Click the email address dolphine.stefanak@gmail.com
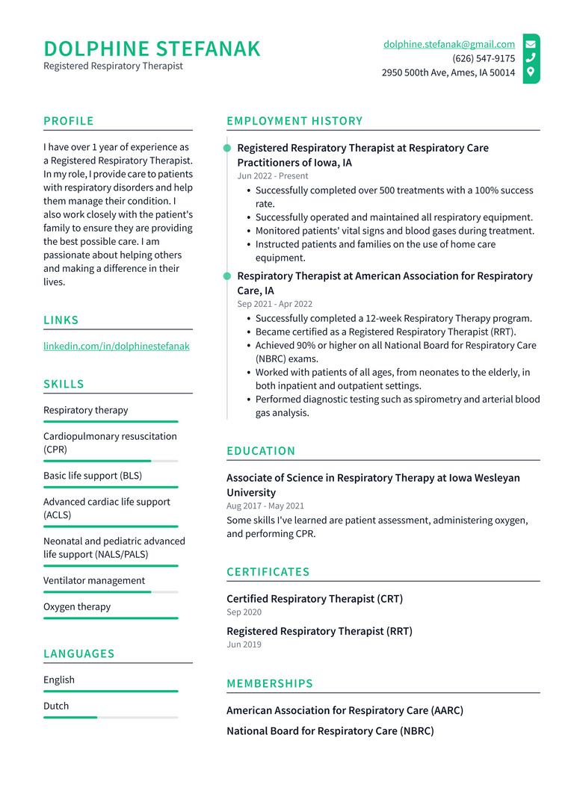pyautogui.click(x=448, y=44)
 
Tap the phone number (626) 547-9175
pyautogui.click(x=483, y=58)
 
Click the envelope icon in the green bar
pyautogui.click(x=531, y=44)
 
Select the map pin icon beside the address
pyautogui.click(x=531, y=72)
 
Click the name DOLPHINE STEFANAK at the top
pyautogui.click(x=152, y=49)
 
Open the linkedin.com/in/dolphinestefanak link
pyautogui.click(x=116, y=347)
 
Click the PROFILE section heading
pyautogui.click(x=69, y=121)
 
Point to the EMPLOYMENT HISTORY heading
pyautogui.click(x=294, y=121)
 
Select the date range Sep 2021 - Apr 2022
pyautogui.click(x=274, y=304)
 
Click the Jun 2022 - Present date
pyautogui.click(x=272, y=176)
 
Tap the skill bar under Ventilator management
pyautogui.click(x=111, y=592)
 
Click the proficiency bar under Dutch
pyautogui.click(x=111, y=718)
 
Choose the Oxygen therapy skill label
pyautogui.click(x=77, y=607)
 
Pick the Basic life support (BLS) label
pyautogui.click(x=93, y=476)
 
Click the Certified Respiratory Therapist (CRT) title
pyautogui.click(x=314, y=599)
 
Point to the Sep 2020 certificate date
pyautogui.click(x=244, y=612)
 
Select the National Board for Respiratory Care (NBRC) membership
pyautogui.click(x=330, y=731)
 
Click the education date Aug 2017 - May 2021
pyautogui.click(x=265, y=506)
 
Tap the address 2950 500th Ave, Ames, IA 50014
pyautogui.click(x=448, y=72)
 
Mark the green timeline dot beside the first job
pyautogui.click(x=227, y=149)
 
